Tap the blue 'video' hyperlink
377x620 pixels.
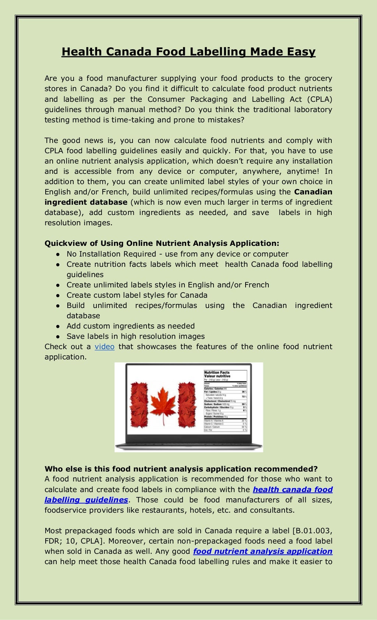(x=105, y=347)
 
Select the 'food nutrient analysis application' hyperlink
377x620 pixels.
(x=263, y=551)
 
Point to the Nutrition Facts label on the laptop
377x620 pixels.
(x=225, y=401)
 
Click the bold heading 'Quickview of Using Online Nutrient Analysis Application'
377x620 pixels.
(x=162, y=243)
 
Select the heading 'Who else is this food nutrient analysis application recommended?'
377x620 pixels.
(x=181, y=469)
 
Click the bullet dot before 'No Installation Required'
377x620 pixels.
(x=58, y=254)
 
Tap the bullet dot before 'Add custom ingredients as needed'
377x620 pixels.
(x=58, y=326)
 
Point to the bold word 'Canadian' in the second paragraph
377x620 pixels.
(x=313, y=192)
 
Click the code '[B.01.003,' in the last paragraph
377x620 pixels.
(x=312, y=531)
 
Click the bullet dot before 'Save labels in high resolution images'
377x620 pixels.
(x=58, y=337)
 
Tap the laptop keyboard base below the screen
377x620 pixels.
(x=188, y=447)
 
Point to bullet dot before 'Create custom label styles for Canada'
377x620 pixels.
(x=58, y=295)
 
